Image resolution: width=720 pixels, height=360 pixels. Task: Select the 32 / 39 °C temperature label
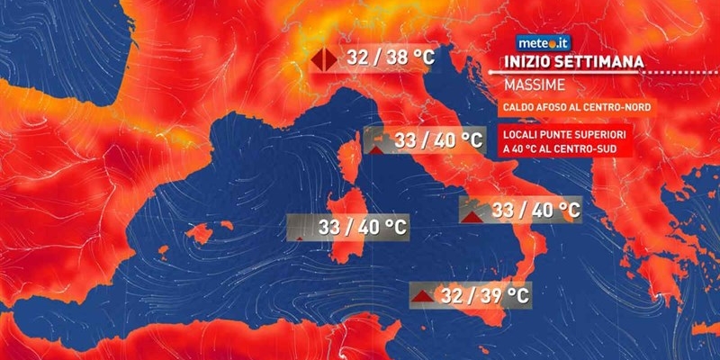481,294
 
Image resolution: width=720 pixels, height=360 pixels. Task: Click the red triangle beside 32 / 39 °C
421,295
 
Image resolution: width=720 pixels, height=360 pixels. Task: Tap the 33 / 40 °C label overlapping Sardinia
361,227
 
